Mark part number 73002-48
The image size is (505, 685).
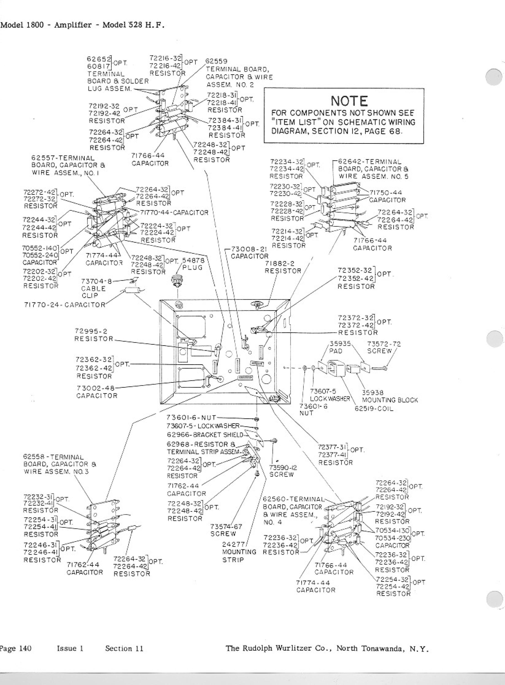point(96,388)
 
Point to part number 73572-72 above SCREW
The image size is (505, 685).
point(384,344)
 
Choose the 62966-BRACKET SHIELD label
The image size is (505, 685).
point(205,435)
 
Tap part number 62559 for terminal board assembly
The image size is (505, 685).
point(216,61)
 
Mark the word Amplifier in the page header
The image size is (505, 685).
point(73,25)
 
